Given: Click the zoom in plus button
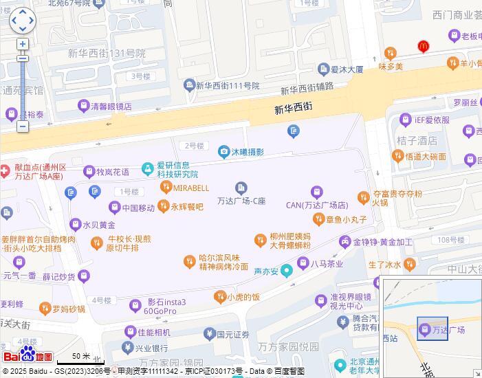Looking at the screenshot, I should pyautogui.click(x=23, y=44).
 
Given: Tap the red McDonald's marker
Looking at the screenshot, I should pyautogui.click(x=424, y=46).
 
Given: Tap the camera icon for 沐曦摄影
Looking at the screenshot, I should pyautogui.click(x=223, y=152).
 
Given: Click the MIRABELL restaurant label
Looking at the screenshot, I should pyautogui.click(x=190, y=187).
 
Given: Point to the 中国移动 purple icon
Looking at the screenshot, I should pyautogui.click(x=115, y=208).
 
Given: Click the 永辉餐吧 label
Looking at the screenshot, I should pyautogui.click(x=187, y=206).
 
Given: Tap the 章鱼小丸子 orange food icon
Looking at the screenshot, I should pyautogui.click(x=318, y=219).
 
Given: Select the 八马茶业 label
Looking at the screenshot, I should pyautogui.click(x=327, y=263).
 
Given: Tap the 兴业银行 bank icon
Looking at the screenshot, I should pyautogui.click(x=128, y=348).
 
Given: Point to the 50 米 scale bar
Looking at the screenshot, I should pyautogui.click(x=80, y=359).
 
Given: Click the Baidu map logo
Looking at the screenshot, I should pyautogui.click(x=28, y=355).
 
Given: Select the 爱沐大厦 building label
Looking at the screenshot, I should pyautogui.click(x=347, y=69).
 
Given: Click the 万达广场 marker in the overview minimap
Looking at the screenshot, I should pyautogui.click(x=426, y=331).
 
